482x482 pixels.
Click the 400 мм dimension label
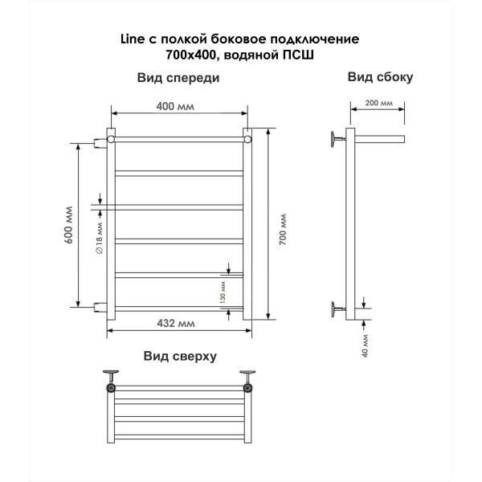175,106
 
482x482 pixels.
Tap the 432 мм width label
175,324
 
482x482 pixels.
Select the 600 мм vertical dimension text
69,225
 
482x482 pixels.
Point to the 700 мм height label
283,229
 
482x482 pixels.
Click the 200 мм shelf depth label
378,103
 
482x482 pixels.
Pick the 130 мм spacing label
223,292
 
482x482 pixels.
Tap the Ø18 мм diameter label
100,238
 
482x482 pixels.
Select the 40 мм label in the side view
365,345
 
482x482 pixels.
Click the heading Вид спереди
178,78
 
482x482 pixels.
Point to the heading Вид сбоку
380,77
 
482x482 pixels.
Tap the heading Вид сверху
180,356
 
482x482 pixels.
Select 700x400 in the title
192,55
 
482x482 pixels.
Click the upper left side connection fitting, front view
100,143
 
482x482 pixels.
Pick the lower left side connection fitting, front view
100,307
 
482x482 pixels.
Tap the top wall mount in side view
338,139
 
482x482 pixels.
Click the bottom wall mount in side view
338,309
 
